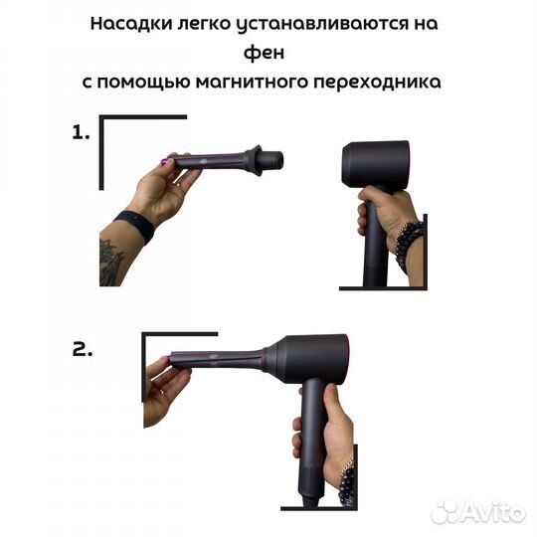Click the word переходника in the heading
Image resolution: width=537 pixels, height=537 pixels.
pos(383,85)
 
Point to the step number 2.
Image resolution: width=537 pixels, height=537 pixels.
pos(84,350)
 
